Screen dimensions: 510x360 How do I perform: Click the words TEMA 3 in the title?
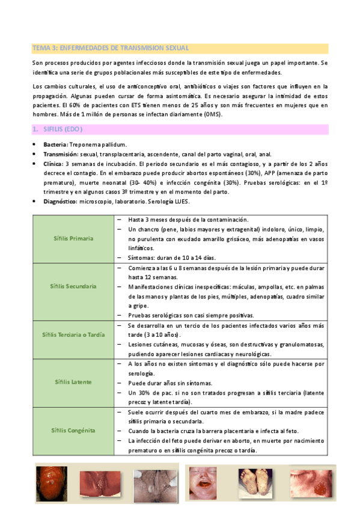coord(44,48)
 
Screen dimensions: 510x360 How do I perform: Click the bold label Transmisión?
coord(61,154)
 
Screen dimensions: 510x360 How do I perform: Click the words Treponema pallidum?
coord(98,145)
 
